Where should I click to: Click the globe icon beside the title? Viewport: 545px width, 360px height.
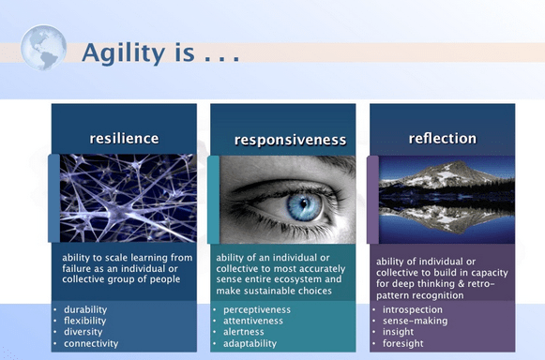point(43,48)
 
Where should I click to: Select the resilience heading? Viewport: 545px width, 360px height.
point(124,139)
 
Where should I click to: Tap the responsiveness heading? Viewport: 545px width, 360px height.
point(290,141)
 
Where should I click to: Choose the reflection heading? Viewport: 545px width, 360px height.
point(442,139)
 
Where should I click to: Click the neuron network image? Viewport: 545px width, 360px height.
point(127,198)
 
